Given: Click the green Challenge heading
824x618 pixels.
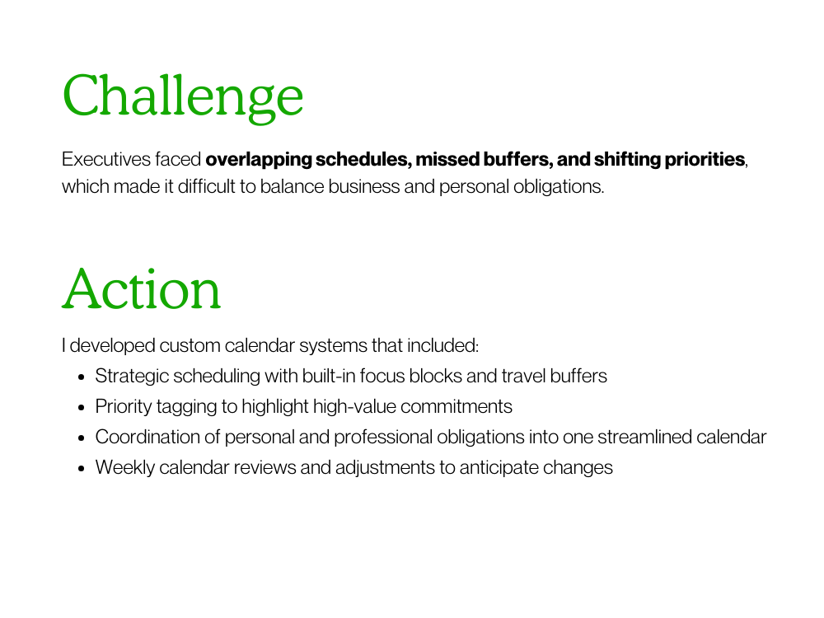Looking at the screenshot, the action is (183, 97).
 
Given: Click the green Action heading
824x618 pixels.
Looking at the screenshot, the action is (142, 289).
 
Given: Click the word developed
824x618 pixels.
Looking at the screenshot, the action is (112, 346).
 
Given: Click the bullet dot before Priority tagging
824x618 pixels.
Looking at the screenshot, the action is (81, 408).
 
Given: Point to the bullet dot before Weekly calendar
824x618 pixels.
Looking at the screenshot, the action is (81, 469).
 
